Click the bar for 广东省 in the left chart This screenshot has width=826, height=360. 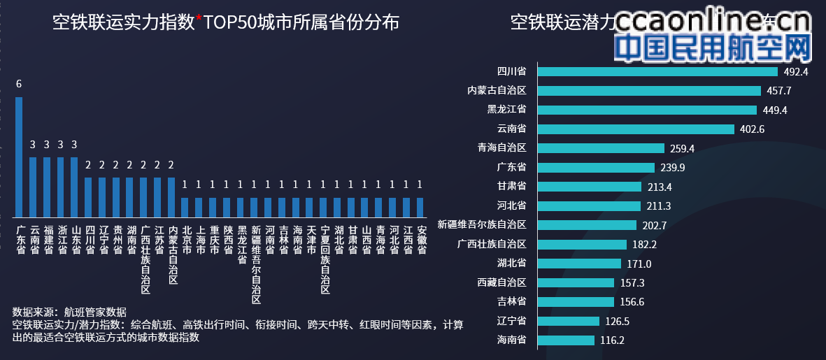19,157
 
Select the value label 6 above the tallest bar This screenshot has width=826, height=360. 19,84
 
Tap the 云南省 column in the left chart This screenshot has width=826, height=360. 33,187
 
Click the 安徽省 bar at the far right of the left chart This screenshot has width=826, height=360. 420,207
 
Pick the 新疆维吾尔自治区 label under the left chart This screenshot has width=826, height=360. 255,264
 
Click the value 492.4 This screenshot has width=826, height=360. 796,71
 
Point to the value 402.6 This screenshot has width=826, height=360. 753,129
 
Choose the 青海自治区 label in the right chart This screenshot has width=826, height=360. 501,148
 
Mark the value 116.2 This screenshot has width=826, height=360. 612,340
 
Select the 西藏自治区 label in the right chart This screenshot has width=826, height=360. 501,282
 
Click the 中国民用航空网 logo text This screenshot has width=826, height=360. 712,48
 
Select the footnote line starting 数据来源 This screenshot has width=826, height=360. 70,312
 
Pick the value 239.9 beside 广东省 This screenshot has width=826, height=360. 673,168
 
